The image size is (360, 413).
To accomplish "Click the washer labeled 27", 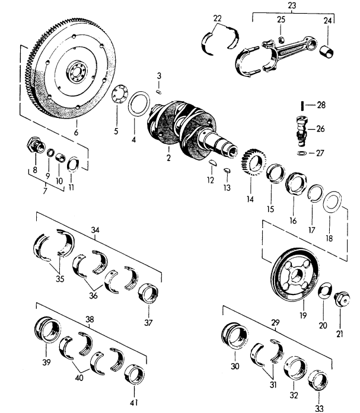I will tap(302, 153).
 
